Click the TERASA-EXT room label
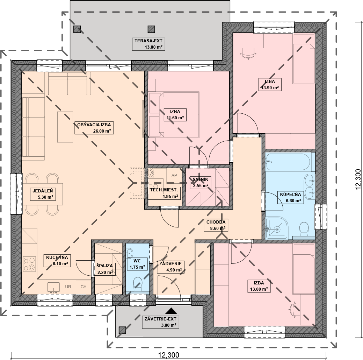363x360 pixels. [148, 44]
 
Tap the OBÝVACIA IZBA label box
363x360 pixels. [94, 128]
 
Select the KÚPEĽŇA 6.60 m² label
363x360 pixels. [290, 198]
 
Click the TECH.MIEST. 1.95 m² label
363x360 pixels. [164, 193]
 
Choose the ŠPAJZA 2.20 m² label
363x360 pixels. [105, 269]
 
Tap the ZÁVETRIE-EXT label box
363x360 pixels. [160, 322]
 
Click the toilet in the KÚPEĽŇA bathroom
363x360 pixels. [304, 229]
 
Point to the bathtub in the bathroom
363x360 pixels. [288, 162]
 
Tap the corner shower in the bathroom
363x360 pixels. [277, 228]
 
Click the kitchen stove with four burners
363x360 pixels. [29, 264]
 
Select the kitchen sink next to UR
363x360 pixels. [53, 287]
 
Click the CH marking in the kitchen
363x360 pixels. [84, 287]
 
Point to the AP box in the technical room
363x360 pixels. [174, 176]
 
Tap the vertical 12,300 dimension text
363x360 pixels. [358, 179]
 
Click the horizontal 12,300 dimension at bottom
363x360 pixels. [168, 355]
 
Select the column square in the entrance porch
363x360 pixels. [122, 330]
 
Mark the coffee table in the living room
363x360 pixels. [65, 127]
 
